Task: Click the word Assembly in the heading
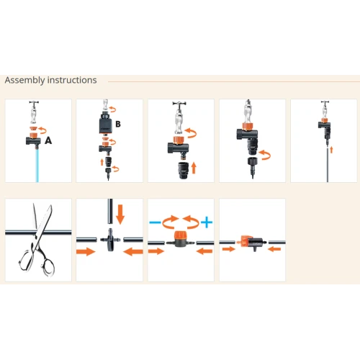click(x=24, y=80)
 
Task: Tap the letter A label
click(x=48, y=140)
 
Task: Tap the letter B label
click(x=118, y=124)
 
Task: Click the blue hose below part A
click(x=37, y=166)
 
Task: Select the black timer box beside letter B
click(x=106, y=124)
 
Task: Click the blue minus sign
click(x=155, y=222)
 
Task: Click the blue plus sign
click(x=207, y=222)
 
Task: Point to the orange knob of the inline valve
click(x=179, y=235)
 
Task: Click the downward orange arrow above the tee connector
click(x=120, y=215)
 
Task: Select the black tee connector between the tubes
click(x=110, y=240)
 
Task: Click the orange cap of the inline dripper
click(x=244, y=241)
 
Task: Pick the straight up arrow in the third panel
click(x=194, y=168)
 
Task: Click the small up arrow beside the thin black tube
click(x=331, y=150)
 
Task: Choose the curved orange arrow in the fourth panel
click(x=264, y=155)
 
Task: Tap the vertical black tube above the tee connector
click(x=110, y=211)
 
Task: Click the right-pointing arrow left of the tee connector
click(x=86, y=251)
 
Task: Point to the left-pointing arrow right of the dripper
click(x=274, y=249)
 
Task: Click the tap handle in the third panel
click(x=179, y=104)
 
